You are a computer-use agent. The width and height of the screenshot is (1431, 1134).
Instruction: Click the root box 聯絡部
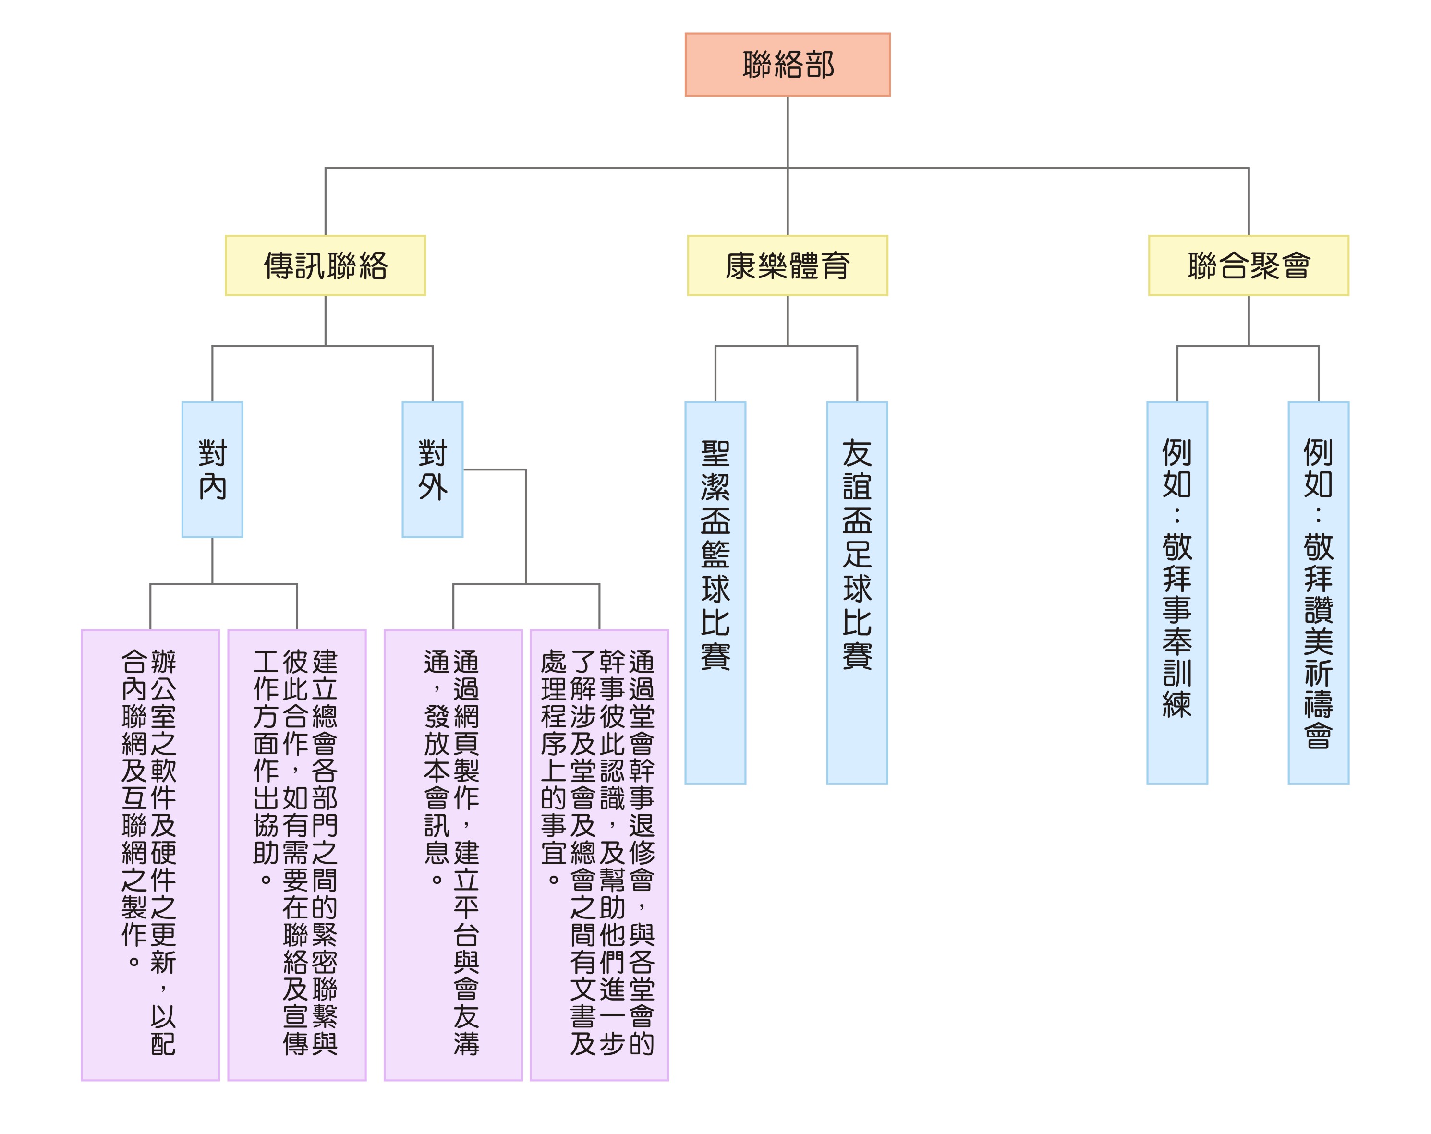[x=787, y=64]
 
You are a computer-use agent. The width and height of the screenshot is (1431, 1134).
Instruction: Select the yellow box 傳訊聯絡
[x=325, y=265]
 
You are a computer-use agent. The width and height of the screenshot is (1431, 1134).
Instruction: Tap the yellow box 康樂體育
[x=787, y=265]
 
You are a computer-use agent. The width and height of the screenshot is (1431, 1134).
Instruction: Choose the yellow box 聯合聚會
[x=1249, y=265]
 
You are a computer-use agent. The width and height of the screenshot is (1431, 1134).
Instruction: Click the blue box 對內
[x=212, y=469]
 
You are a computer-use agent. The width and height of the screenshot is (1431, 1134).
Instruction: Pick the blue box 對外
[x=432, y=469]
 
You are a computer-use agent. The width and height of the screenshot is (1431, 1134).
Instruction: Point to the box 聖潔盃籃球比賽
[x=715, y=592]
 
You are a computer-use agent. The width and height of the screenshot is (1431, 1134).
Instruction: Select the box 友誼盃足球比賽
[x=857, y=592]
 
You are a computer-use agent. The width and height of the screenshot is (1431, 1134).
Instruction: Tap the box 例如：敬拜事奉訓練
[x=1177, y=592]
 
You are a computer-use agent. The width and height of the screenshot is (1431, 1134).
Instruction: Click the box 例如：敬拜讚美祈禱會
[x=1318, y=592]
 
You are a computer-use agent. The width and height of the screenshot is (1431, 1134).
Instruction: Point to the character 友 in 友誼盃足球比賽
[x=857, y=454]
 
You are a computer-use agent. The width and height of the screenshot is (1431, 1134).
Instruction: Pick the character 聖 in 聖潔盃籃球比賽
[x=715, y=454]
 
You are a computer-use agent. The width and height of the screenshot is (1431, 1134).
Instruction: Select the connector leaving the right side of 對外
[x=495, y=470]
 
